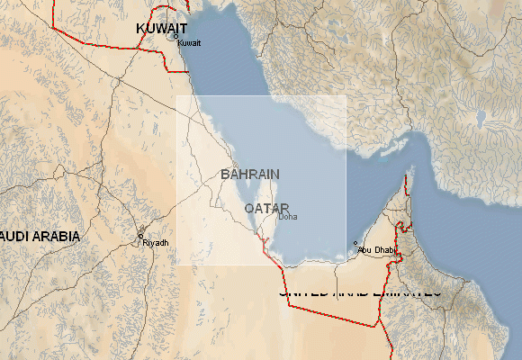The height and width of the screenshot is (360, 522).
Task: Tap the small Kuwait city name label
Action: click(x=188, y=43)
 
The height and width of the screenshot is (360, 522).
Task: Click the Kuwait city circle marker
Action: click(x=175, y=37)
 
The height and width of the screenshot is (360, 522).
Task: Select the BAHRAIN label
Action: click(x=249, y=174)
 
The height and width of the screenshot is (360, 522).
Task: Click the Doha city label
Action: click(x=287, y=217)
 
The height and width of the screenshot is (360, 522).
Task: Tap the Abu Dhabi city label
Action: click(x=377, y=249)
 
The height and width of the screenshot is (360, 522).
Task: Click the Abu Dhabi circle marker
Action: click(x=356, y=243)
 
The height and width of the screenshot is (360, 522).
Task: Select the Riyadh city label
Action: click(x=155, y=243)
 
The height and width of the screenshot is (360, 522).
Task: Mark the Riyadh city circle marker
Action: click(x=140, y=236)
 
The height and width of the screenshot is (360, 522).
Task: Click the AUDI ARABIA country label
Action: click(x=40, y=237)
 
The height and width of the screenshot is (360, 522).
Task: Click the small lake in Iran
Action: click(x=480, y=118)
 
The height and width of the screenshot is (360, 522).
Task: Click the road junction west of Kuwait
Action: click(x=116, y=81)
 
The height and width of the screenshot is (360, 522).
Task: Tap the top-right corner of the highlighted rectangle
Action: click(x=346, y=96)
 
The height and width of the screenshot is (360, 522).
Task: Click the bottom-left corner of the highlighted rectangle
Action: click(x=176, y=265)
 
